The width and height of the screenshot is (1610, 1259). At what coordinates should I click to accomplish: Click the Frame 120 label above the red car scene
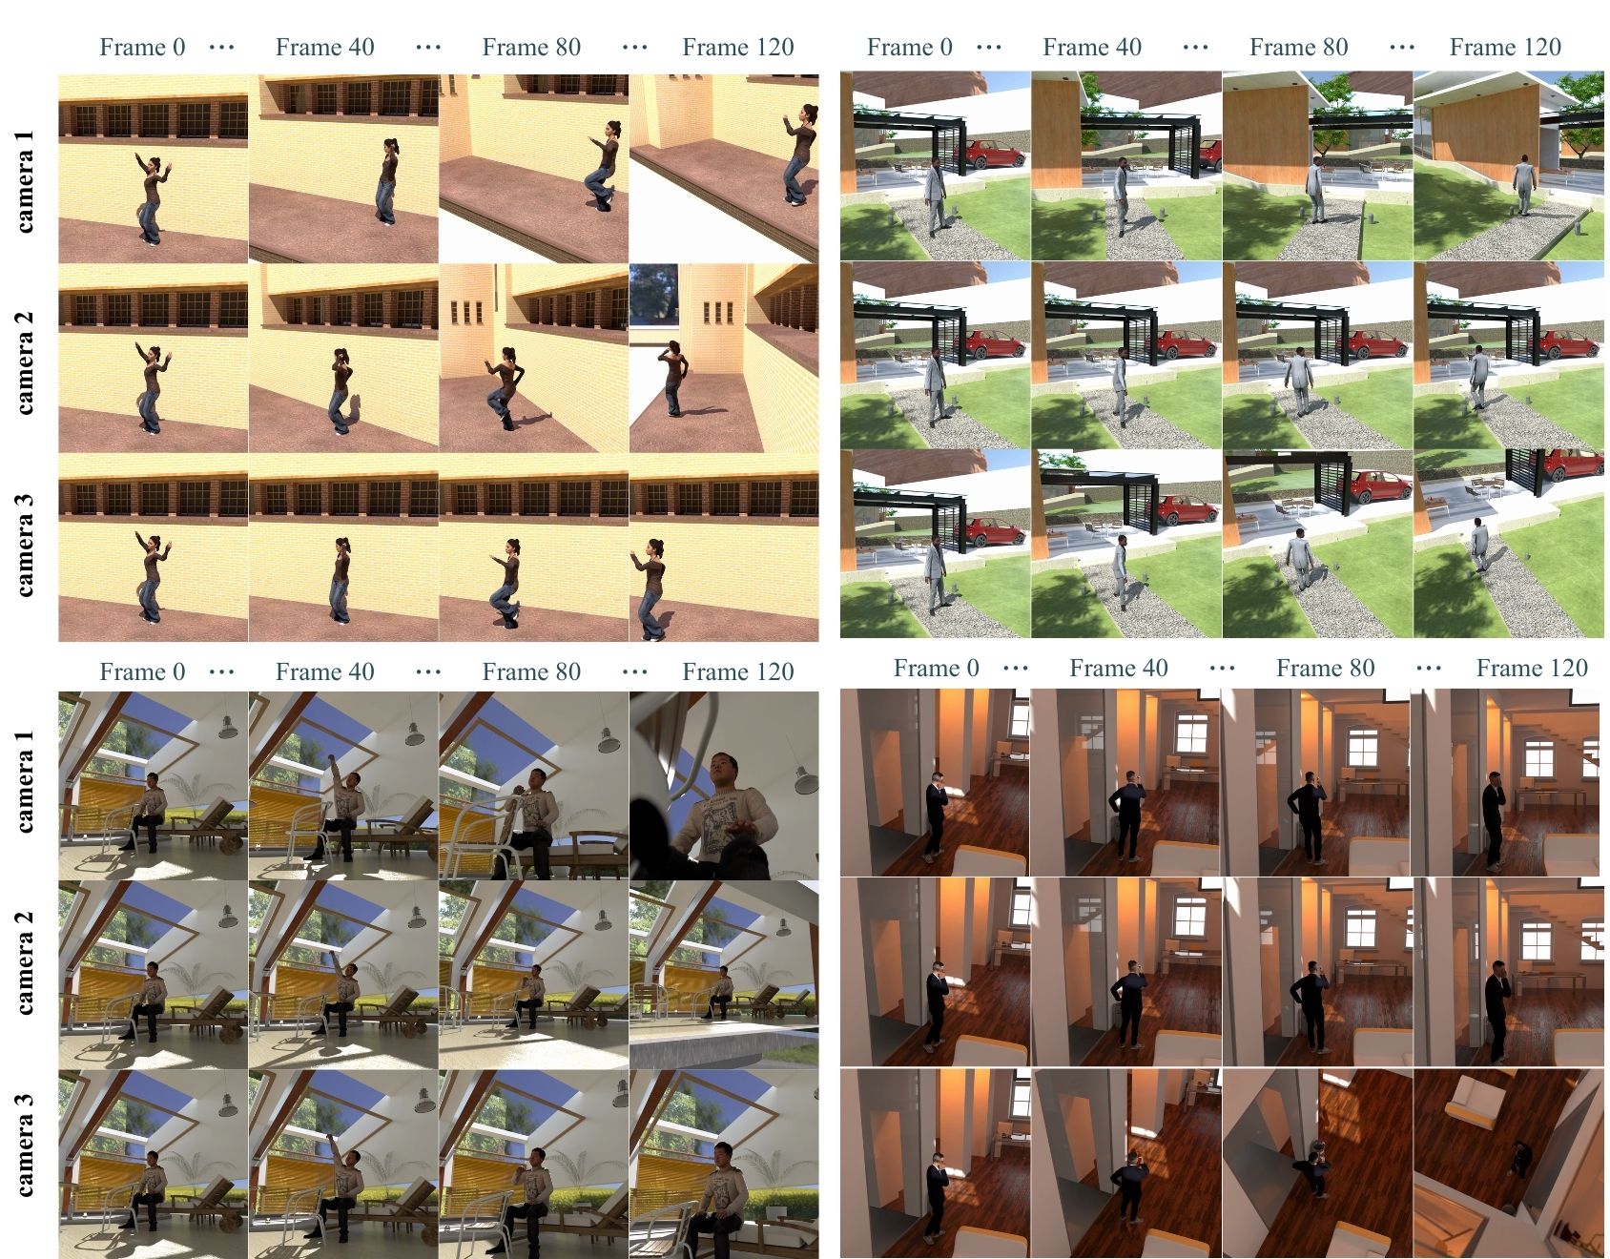point(1505,47)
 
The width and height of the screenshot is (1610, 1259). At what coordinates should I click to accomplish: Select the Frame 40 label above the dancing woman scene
point(324,47)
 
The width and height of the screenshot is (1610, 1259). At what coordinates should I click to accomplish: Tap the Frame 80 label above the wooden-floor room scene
point(1326,668)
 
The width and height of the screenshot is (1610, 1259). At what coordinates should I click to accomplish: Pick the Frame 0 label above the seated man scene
point(142,671)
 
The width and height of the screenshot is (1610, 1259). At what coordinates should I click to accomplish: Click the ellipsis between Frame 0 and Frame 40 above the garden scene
point(989,47)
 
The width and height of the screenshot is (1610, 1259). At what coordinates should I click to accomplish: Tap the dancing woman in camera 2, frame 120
point(674,377)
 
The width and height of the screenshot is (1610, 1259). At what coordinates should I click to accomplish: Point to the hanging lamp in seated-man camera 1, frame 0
point(226,727)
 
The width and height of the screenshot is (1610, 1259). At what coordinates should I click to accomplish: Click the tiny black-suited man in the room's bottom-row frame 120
point(1518,1158)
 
